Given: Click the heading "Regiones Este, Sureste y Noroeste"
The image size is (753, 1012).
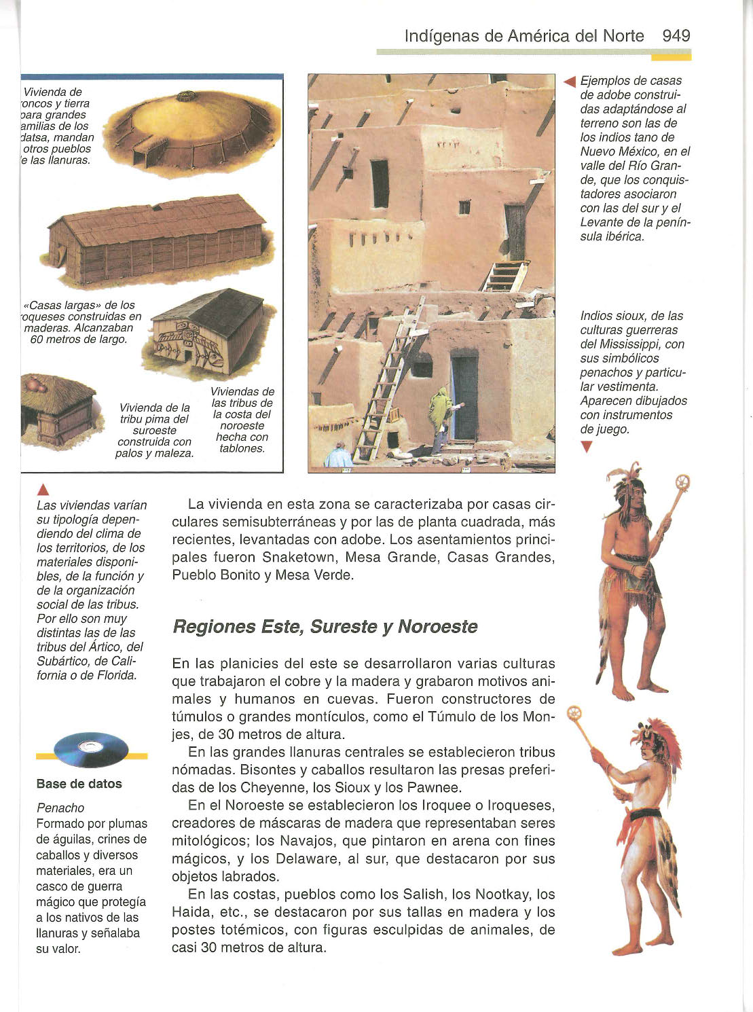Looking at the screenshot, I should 325,626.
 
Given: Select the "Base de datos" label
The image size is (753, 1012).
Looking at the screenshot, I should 79,784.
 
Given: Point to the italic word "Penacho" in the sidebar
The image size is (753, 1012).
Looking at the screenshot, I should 60,808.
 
